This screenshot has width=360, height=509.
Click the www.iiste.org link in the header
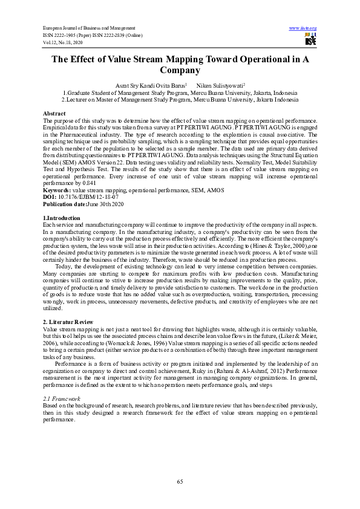303,28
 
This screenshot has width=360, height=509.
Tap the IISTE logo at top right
310,40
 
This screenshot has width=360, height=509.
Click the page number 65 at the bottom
180,481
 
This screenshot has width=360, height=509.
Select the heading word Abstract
54,114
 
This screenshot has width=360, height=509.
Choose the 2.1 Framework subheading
63,383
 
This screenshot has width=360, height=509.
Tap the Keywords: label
58,190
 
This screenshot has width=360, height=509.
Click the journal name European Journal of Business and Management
88,28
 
